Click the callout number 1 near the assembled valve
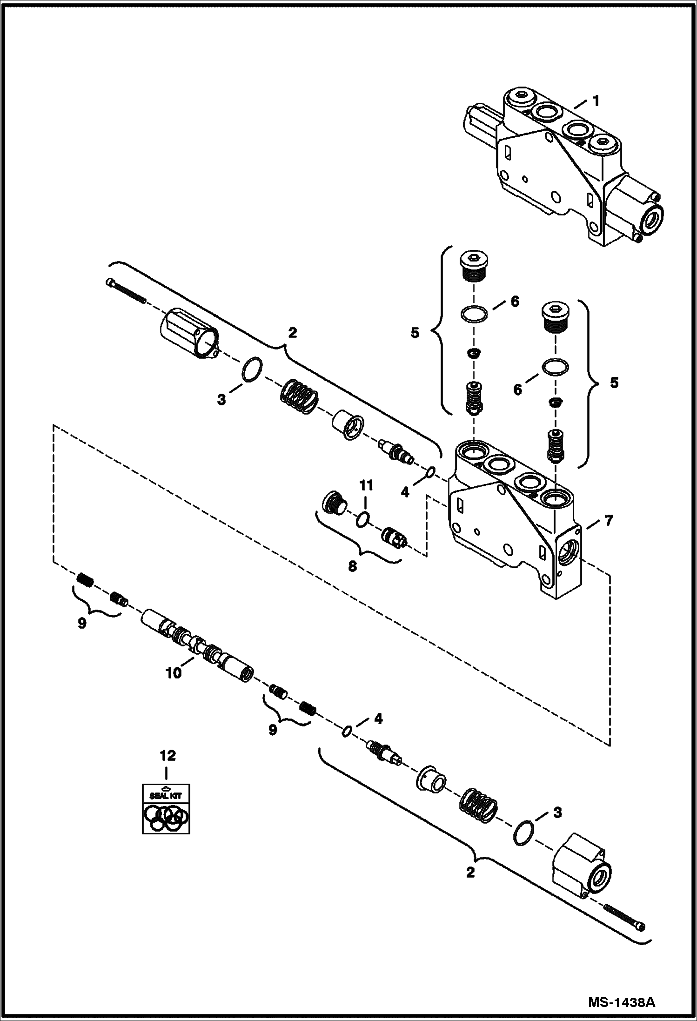click(596, 101)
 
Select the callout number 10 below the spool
click(174, 673)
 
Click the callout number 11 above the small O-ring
click(366, 486)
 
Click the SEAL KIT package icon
click(166, 808)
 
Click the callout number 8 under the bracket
click(352, 566)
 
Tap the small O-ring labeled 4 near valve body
click(431, 473)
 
